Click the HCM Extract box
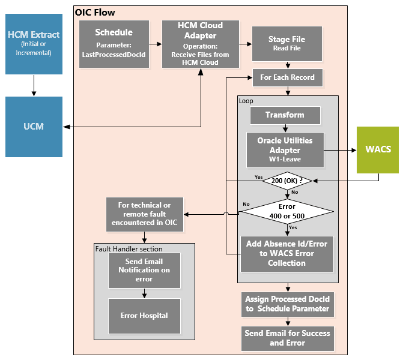click(x=34, y=44)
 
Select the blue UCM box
click(x=34, y=127)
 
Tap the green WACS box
click(x=378, y=150)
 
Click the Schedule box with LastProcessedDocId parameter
click(x=114, y=43)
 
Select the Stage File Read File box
click(x=286, y=44)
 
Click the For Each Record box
click(x=287, y=77)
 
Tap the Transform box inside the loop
click(x=285, y=115)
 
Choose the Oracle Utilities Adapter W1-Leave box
click(x=285, y=150)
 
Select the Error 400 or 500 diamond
click(x=286, y=212)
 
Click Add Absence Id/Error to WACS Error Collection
click(x=286, y=254)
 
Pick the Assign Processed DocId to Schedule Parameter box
click(x=287, y=304)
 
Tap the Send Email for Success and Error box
click(x=287, y=338)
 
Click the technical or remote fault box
click(x=145, y=215)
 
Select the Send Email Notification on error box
click(x=144, y=270)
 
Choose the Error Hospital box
click(x=144, y=316)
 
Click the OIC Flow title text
click(x=95, y=12)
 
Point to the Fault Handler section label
click(x=129, y=248)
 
